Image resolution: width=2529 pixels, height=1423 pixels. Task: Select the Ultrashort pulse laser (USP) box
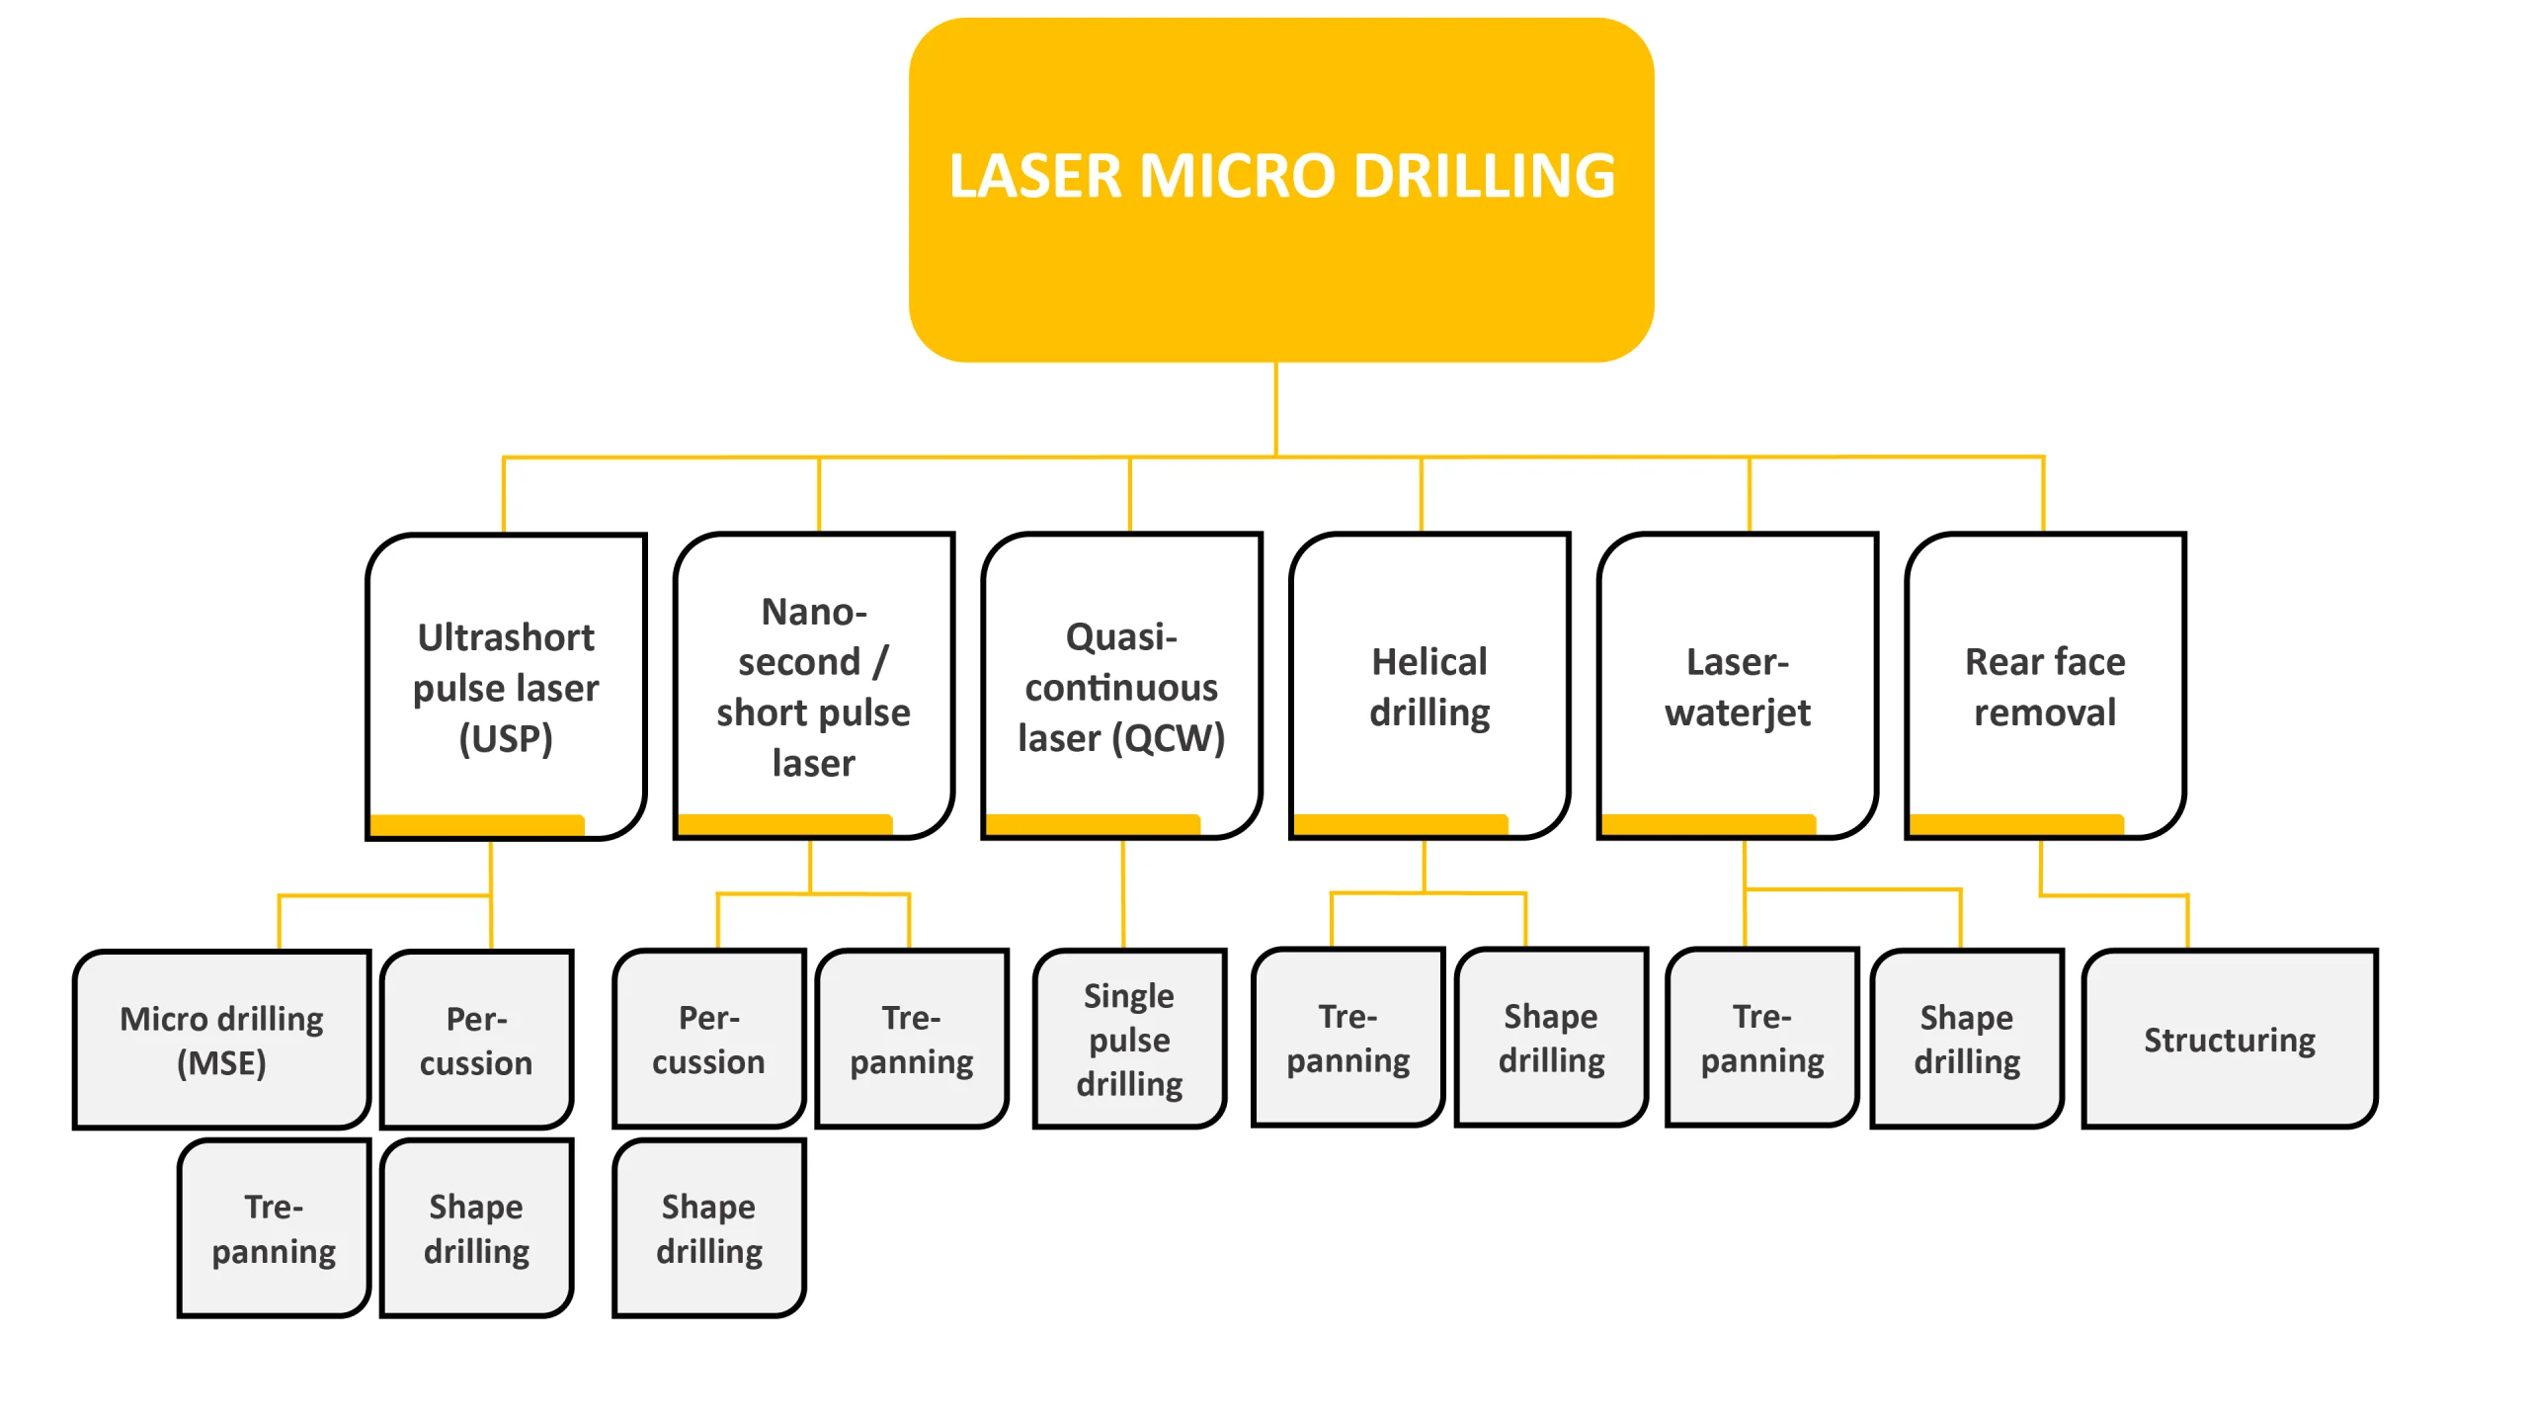pyautogui.click(x=506, y=686)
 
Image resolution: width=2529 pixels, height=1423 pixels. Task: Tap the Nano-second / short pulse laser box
pyautogui.click(x=813, y=686)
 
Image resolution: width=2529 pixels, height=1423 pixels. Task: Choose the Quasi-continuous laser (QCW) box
pyautogui.click(x=1121, y=686)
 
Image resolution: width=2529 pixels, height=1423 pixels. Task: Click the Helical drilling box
pyautogui.click(x=1429, y=686)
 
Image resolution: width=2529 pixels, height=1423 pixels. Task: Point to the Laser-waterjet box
pyautogui.click(x=1737, y=686)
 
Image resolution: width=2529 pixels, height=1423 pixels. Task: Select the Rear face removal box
pyautogui.click(x=2045, y=686)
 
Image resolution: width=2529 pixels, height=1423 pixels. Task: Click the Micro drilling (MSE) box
pyautogui.click(x=221, y=1040)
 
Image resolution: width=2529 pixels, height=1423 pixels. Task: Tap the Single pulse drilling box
pyautogui.click(x=1129, y=1039)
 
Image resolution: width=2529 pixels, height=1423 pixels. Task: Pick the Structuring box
pyautogui.click(x=2229, y=1039)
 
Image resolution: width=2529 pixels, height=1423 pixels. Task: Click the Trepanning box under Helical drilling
pyautogui.click(x=1347, y=1038)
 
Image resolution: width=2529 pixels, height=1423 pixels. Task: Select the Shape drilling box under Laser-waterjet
pyautogui.click(x=1966, y=1039)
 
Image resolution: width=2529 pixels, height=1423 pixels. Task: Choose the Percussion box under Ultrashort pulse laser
pyautogui.click(x=476, y=1040)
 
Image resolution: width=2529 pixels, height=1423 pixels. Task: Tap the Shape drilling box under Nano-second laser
pyautogui.click(x=708, y=1227)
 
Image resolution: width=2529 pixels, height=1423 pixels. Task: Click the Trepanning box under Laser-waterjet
pyautogui.click(x=1761, y=1038)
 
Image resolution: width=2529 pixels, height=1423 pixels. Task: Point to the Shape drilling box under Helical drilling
pyautogui.click(x=1551, y=1038)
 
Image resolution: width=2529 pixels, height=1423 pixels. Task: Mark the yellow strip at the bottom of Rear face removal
pyautogui.click(x=2015, y=824)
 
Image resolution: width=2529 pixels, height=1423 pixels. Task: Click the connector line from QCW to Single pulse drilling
pyautogui.click(x=1123, y=894)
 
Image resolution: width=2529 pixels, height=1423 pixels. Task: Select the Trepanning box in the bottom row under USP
pyautogui.click(x=274, y=1227)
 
